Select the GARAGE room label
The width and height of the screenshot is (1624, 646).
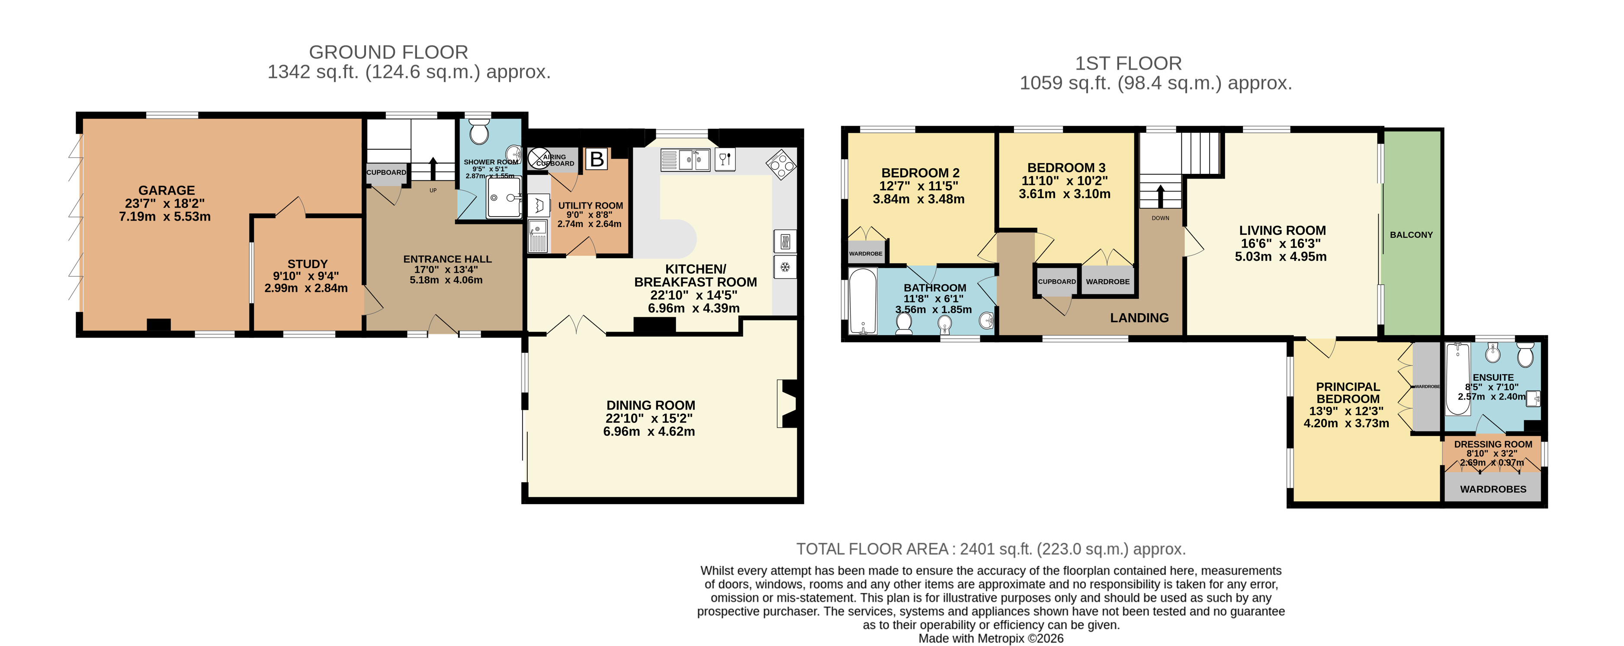[x=167, y=190]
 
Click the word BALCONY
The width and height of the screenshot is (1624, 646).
[x=1411, y=234]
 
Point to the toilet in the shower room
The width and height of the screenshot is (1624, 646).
[x=479, y=134]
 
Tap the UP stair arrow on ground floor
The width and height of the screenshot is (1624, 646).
[x=433, y=169]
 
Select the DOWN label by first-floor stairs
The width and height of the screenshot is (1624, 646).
[x=1160, y=218]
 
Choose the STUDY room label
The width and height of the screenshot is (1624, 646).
[x=307, y=264]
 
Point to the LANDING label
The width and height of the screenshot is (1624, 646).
[x=1139, y=318]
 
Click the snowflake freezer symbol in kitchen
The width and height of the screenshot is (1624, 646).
[x=785, y=267]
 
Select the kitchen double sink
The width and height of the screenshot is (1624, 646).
[x=685, y=160]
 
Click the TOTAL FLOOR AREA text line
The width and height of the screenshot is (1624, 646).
[x=990, y=549]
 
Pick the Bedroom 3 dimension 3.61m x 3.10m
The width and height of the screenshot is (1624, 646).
[x=1064, y=194]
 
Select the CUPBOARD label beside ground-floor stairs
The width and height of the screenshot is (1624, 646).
[x=386, y=172]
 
